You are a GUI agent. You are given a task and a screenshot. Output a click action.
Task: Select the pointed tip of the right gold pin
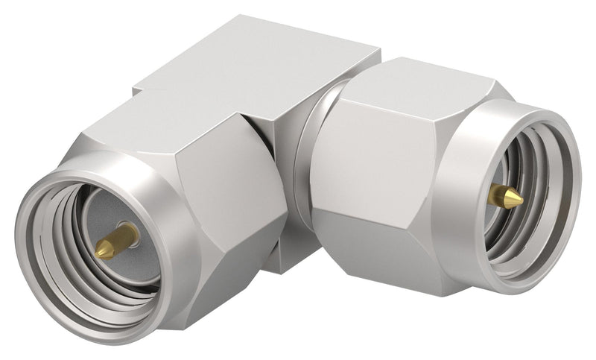point(520,199)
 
